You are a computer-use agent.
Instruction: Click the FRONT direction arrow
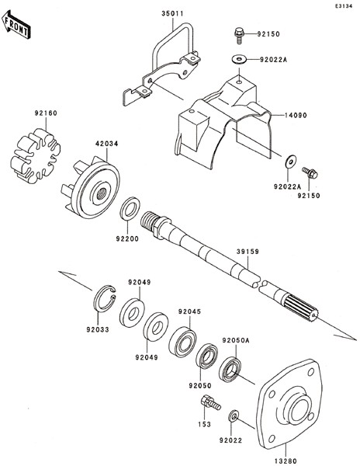point(16,25)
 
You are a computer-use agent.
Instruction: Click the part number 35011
point(172,14)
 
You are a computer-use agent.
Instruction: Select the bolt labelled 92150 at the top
point(239,36)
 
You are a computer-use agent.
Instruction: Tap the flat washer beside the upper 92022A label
point(239,59)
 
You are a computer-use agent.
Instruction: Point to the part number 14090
point(296,115)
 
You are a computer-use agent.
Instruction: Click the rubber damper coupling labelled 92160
point(36,155)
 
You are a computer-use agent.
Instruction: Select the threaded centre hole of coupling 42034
point(100,194)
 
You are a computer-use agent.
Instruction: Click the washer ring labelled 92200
point(130,209)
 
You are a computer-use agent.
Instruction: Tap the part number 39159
point(247,252)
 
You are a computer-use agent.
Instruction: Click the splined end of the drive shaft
point(300,308)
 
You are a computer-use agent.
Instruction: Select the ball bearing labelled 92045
point(182,342)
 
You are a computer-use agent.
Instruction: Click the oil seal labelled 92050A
point(230,370)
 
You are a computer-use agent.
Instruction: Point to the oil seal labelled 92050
point(207,356)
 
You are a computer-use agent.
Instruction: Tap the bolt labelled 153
point(210,402)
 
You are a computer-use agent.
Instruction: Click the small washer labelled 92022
point(234,416)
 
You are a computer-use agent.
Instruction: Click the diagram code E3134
point(344,6)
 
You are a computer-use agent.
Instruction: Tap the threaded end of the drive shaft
point(150,223)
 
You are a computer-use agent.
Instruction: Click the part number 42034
point(106,144)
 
